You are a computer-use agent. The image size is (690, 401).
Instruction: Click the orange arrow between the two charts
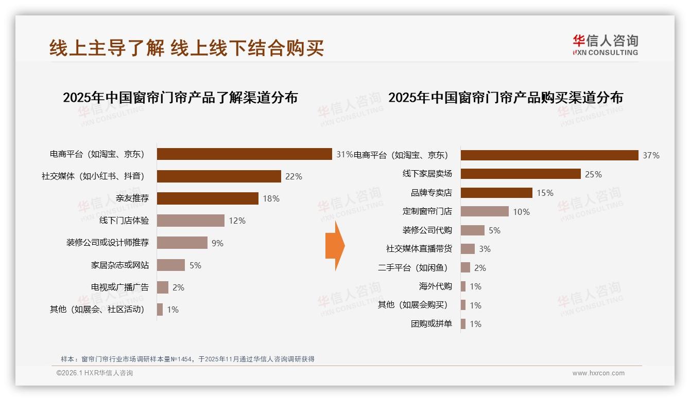pos(335,246)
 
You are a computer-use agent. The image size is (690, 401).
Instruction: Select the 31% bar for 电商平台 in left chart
pos(244,154)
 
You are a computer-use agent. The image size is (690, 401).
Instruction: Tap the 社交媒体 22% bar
pos(219,176)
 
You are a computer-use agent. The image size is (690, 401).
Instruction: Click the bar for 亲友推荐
pos(208,198)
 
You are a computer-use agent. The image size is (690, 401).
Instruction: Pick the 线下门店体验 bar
pos(191,221)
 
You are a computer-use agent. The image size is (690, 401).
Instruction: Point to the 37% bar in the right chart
pos(549,155)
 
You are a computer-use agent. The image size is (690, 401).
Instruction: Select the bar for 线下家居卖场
pos(521,174)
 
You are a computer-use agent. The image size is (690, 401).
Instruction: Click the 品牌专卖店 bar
pos(496,193)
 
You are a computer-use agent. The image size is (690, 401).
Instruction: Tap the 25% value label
pos(593,174)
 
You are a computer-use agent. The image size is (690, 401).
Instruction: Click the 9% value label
pos(217,243)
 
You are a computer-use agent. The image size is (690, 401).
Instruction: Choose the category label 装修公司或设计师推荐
pos(108,243)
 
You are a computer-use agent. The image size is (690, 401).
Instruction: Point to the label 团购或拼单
pos(431,324)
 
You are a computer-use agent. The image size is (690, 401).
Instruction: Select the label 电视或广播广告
pos(120,287)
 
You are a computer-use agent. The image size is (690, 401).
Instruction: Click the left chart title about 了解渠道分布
pos(180,98)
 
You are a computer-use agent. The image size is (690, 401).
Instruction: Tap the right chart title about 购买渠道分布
pos(505,98)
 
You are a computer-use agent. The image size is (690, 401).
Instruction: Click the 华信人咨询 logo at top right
pos(605,45)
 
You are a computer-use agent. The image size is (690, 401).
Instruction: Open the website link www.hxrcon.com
pos(598,373)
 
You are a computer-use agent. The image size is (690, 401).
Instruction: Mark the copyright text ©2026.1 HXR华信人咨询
pos(95,373)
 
